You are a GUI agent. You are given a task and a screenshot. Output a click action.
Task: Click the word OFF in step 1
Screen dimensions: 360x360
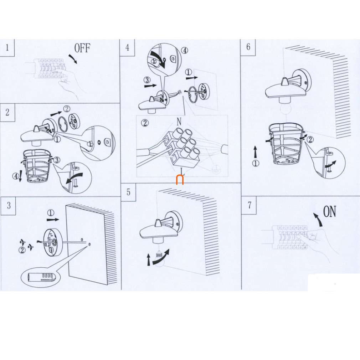(x=82, y=48)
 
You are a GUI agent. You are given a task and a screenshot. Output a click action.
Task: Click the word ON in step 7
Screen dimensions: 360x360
(x=329, y=211)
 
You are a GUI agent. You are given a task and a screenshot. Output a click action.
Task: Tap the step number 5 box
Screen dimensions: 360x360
(x=128, y=191)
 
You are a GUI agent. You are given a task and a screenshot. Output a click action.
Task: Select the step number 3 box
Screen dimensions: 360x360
(x=8, y=205)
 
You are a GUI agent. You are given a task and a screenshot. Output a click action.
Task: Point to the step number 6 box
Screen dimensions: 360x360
(x=248, y=47)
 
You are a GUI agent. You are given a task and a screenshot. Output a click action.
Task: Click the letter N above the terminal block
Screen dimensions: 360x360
(x=179, y=122)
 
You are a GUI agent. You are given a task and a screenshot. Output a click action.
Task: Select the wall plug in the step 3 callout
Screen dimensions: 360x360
(x=41, y=277)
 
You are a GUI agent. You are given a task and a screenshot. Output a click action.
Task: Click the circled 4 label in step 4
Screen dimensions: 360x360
(x=185, y=50)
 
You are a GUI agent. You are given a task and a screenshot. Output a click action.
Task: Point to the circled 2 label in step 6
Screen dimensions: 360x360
(x=310, y=139)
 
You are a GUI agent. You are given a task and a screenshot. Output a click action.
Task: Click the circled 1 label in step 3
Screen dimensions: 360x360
(x=51, y=212)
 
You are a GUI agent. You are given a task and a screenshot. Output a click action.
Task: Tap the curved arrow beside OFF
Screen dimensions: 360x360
(x=73, y=59)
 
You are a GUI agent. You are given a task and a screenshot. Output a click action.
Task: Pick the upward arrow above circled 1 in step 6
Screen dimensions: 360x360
(x=256, y=151)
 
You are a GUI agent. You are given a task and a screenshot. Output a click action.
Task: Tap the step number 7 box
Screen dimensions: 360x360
(x=249, y=205)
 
